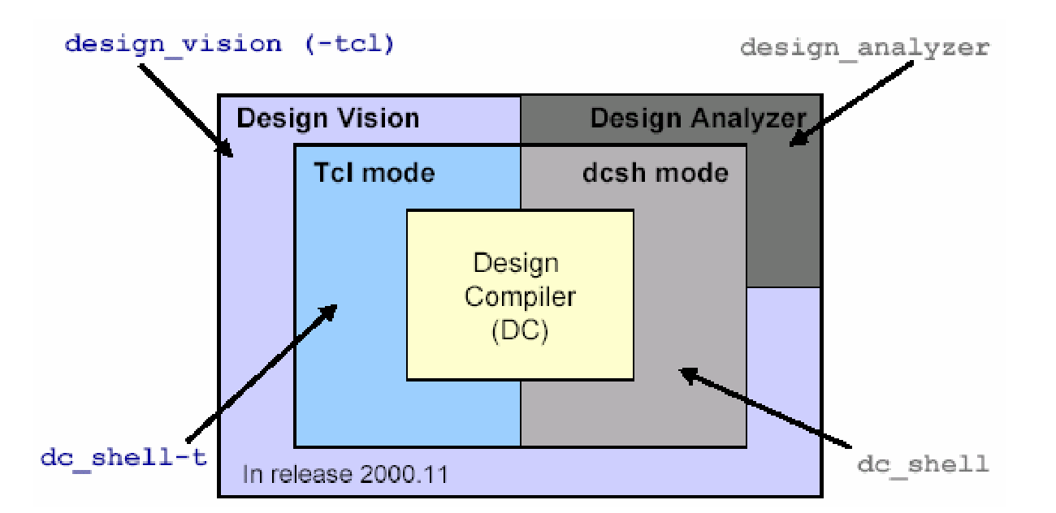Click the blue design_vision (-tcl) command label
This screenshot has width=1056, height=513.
(x=229, y=43)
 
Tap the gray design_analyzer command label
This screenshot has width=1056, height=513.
(x=864, y=47)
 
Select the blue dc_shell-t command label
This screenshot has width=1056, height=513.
(x=123, y=457)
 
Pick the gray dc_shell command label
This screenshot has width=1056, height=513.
(x=923, y=464)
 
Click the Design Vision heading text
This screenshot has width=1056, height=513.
(x=327, y=119)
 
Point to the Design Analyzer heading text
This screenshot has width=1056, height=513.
(x=698, y=119)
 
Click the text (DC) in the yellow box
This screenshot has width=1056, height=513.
(x=520, y=331)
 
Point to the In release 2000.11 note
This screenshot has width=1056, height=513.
(x=344, y=473)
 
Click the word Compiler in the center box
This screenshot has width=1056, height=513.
(x=520, y=297)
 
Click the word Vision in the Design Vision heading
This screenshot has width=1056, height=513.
(x=374, y=119)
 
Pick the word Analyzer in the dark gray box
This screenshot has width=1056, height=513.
(x=749, y=119)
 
